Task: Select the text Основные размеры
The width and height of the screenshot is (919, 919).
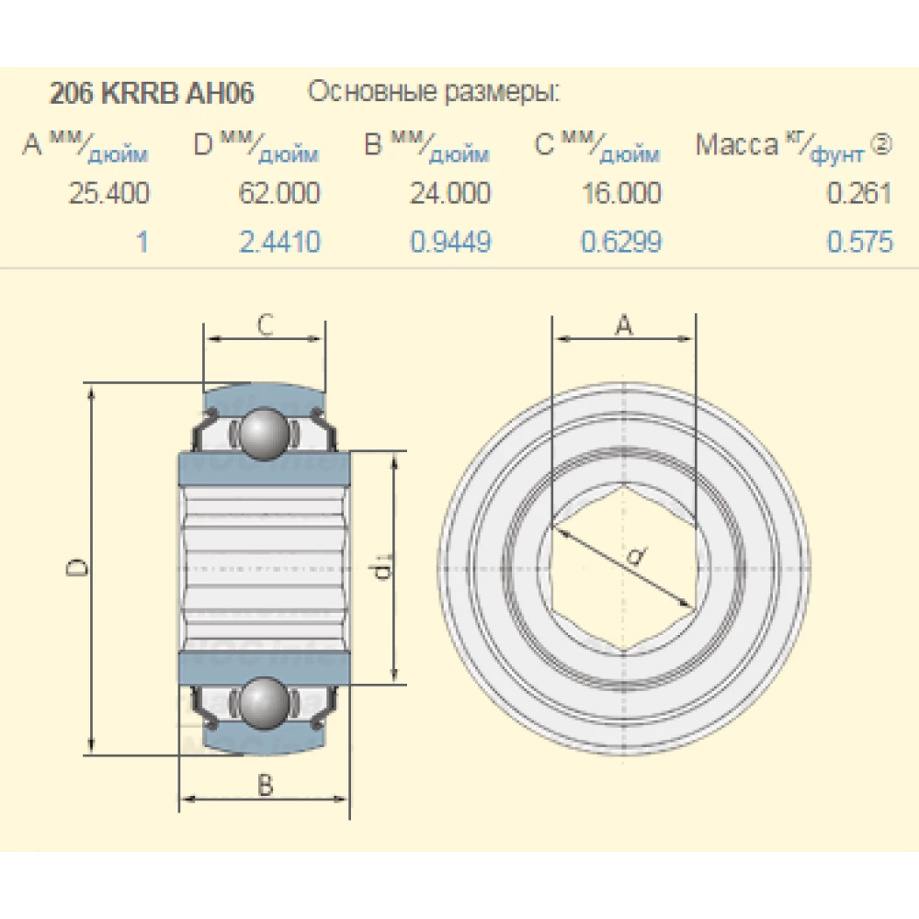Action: coord(433,93)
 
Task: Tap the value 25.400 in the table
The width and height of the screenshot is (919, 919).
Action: coord(108,193)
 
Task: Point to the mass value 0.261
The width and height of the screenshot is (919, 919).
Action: coord(859,193)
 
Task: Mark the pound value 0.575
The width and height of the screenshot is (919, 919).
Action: coord(859,242)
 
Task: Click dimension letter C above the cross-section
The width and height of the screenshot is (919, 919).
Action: coord(264,324)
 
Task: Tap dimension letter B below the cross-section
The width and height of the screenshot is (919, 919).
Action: coord(265,786)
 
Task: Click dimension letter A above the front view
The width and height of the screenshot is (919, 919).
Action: coord(624,324)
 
